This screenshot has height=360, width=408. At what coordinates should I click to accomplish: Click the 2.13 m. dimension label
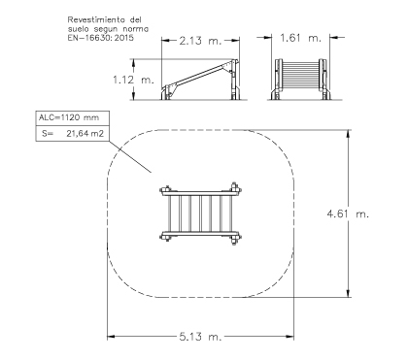(200, 41)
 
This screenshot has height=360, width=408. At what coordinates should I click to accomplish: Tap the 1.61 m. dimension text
(300, 38)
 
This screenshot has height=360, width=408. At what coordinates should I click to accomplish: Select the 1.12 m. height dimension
(133, 80)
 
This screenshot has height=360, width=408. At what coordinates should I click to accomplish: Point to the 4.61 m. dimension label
(348, 213)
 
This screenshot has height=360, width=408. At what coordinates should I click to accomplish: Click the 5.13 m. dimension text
(200, 337)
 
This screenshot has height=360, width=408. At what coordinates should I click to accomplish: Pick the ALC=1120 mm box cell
(72, 118)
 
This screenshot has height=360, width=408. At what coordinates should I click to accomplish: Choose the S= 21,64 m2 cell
(72, 134)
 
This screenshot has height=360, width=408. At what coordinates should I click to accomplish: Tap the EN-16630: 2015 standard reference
(100, 38)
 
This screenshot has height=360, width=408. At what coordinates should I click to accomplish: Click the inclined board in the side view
(198, 78)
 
